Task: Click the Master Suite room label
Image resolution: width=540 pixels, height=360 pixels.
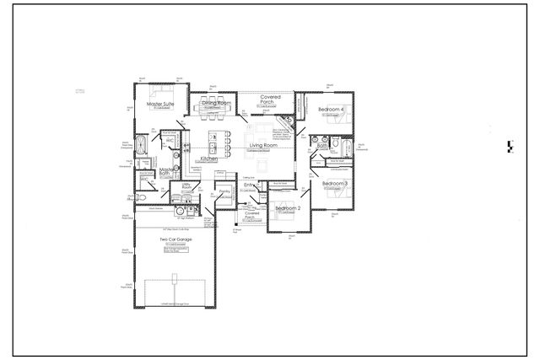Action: point(159,105)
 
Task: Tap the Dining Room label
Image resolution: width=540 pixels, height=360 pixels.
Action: point(216,103)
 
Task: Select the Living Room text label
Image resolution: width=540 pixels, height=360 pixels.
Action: point(264,146)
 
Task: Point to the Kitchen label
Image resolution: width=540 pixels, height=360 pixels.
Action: point(209,159)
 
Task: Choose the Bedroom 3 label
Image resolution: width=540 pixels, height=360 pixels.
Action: point(335,183)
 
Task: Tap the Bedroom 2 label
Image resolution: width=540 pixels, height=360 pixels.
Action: point(289,207)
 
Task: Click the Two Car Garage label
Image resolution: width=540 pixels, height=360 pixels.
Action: point(175,239)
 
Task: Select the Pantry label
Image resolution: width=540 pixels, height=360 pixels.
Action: point(225,192)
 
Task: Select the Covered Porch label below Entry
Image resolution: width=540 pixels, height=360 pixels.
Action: point(252,217)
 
